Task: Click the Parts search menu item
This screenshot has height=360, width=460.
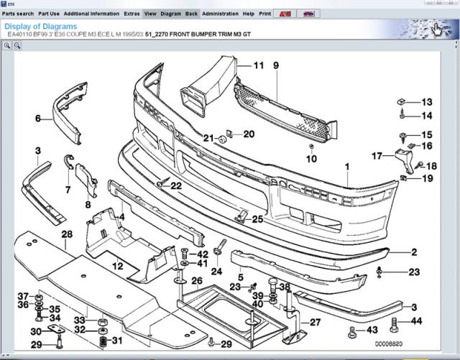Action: tap(18, 14)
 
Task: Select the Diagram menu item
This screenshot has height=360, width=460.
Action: tap(170, 14)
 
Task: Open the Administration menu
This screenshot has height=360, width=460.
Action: tap(220, 14)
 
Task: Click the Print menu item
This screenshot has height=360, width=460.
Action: tap(264, 14)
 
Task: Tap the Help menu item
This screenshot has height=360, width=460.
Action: tap(248, 14)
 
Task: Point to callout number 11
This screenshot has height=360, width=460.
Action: tap(258, 66)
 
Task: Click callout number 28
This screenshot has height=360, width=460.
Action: tap(67, 235)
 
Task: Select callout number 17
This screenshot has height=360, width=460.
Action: tap(377, 155)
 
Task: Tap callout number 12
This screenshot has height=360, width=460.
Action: tap(117, 266)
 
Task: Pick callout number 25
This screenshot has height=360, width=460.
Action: tap(257, 219)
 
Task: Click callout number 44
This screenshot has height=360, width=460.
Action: tap(416, 320)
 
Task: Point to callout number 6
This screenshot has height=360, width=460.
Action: tap(38, 118)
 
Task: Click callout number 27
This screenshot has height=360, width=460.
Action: tap(314, 322)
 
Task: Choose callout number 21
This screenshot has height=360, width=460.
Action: tap(208, 138)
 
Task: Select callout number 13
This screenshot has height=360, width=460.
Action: tap(427, 102)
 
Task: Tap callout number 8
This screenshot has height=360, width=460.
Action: tap(88, 205)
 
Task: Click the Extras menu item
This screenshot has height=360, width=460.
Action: tap(132, 14)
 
